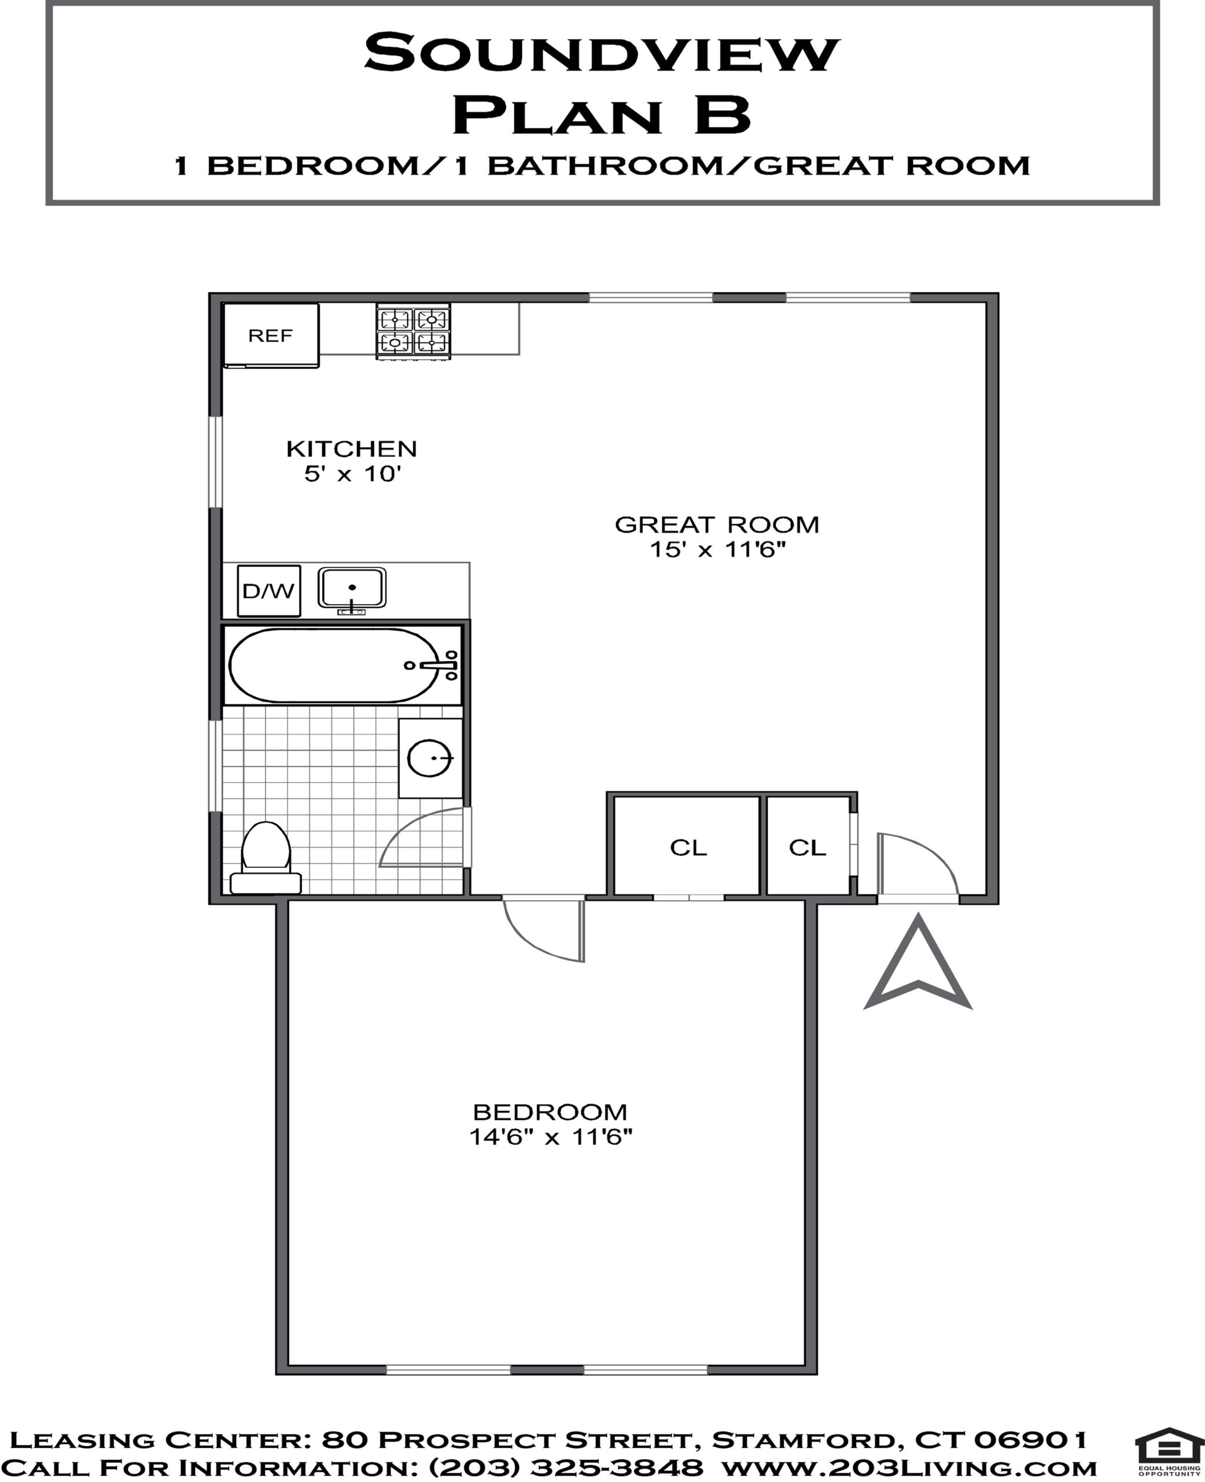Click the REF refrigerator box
point(271,335)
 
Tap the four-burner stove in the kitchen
point(413,331)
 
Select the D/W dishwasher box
point(268,591)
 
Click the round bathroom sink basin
point(430,758)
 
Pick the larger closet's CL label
point(688,848)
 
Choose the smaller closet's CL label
point(807,848)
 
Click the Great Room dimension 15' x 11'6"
point(717,549)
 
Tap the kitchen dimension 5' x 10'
point(353,474)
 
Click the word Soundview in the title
point(602,53)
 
